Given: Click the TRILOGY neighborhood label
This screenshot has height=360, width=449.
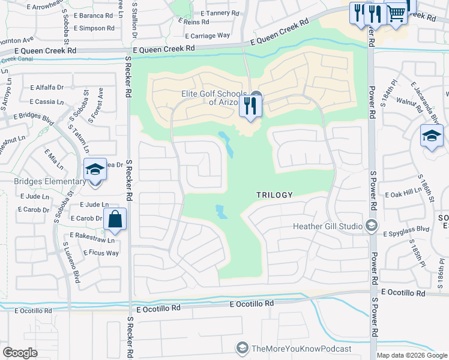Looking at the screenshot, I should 274,195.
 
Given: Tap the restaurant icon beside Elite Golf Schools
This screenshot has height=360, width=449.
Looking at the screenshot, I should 249,107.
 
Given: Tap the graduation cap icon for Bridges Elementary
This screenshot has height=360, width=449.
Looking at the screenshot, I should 95,170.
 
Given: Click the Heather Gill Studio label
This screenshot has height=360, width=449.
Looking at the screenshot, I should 327,226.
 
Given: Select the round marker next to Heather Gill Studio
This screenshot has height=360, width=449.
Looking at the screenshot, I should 371,226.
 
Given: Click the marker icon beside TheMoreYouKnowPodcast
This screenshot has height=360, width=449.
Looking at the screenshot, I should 242,348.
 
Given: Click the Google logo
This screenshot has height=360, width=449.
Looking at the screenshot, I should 20,353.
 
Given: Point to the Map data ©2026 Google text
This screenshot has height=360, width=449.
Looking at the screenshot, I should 412,355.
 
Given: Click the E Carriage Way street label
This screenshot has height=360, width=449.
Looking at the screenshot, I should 206,35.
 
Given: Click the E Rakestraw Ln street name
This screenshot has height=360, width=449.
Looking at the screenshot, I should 91,235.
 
